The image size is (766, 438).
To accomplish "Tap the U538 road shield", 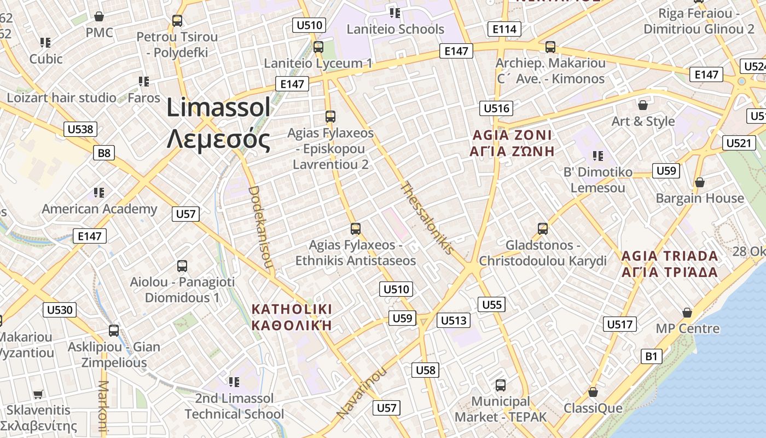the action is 81,130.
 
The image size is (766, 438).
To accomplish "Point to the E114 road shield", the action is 504,29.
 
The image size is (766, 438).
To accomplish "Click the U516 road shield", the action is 497,108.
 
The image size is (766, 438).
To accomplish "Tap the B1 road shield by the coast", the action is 651,356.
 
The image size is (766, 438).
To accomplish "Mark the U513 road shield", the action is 454,320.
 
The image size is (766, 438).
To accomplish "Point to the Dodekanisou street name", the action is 260,227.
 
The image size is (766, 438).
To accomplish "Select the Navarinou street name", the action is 362,393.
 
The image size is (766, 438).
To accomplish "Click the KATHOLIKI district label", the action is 292,317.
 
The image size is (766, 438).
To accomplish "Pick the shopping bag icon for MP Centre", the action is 687,313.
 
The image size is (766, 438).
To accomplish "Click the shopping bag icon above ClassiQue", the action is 593,392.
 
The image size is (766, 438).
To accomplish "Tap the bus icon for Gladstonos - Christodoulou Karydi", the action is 542,228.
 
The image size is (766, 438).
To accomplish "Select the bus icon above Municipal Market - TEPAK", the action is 500,385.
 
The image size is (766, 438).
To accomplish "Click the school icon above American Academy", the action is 99,192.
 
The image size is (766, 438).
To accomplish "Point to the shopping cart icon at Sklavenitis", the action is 38,394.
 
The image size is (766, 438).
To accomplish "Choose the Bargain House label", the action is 700,198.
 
